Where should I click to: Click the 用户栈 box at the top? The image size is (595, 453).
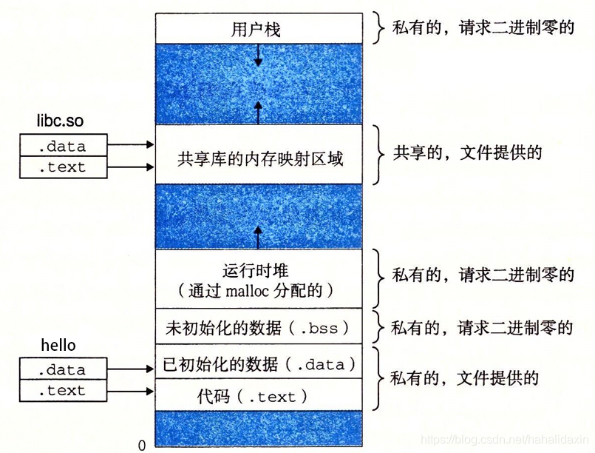point(259,30)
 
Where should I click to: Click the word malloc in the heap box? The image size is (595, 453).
point(263,290)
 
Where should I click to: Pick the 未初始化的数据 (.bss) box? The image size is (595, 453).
point(259,326)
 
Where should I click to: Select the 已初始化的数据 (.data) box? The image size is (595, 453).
point(259,363)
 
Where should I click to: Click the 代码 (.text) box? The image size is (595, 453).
point(259,396)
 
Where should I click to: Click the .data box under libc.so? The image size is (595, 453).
point(63,146)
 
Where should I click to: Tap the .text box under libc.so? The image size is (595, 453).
point(63,167)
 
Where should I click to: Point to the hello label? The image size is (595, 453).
point(58,346)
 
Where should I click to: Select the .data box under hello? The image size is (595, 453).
point(63,369)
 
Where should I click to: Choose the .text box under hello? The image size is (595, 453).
point(63,390)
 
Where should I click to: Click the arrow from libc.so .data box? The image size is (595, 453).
point(131,146)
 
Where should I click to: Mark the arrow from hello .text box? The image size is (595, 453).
point(131,390)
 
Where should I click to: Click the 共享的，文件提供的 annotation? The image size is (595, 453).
point(467,153)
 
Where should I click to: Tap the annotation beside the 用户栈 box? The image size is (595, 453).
point(483,29)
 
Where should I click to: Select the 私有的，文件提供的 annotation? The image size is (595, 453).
point(465,378)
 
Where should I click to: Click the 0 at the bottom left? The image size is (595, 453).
point(141,446)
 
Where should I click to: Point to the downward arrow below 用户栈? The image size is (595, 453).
point(258,53)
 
